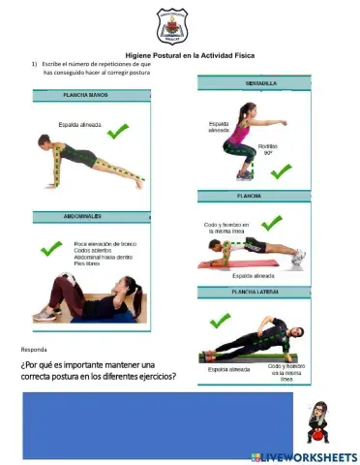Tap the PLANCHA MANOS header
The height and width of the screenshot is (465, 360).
[x=85, y=96]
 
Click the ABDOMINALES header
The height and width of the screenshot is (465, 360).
[x=85, y=216]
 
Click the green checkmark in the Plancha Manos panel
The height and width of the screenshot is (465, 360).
[x=120, y=131]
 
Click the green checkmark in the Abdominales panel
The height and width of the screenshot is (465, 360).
[x=50, y=249]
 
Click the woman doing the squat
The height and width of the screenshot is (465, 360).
[x=242, y=136]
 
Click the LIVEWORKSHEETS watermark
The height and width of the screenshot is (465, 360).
[x=304, y=455]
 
